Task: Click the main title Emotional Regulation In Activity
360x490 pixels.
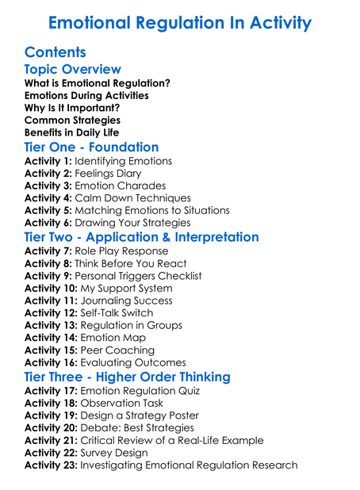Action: click(x=179, y=22)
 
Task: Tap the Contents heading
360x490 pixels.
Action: click(x=57, y=53)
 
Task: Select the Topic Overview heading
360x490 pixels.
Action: click(x=72, y=70)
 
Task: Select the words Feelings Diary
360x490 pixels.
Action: click(x=108, y=174)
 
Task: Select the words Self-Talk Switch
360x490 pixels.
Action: click(x=117, y=313)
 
